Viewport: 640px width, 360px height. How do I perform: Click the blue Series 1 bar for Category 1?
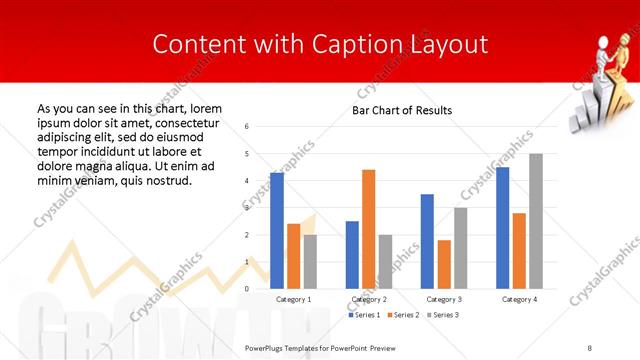277,231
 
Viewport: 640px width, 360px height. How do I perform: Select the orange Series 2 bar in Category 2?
368,229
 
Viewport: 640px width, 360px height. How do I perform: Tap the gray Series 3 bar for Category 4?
535,221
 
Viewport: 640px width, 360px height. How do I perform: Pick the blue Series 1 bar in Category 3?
427,241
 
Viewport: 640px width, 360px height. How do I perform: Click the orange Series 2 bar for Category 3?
444,264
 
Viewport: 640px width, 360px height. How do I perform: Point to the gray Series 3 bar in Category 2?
386,262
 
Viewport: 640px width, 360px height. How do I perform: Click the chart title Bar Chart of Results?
403,110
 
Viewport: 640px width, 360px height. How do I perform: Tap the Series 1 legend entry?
364,315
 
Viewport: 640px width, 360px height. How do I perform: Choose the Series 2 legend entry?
402,315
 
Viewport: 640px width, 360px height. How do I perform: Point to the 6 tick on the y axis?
246,127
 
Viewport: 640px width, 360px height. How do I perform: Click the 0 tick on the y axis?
246,289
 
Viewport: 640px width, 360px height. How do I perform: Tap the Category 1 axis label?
293,299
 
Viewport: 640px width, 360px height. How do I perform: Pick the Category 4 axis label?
518,299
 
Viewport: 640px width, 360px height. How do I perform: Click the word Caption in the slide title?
345,44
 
